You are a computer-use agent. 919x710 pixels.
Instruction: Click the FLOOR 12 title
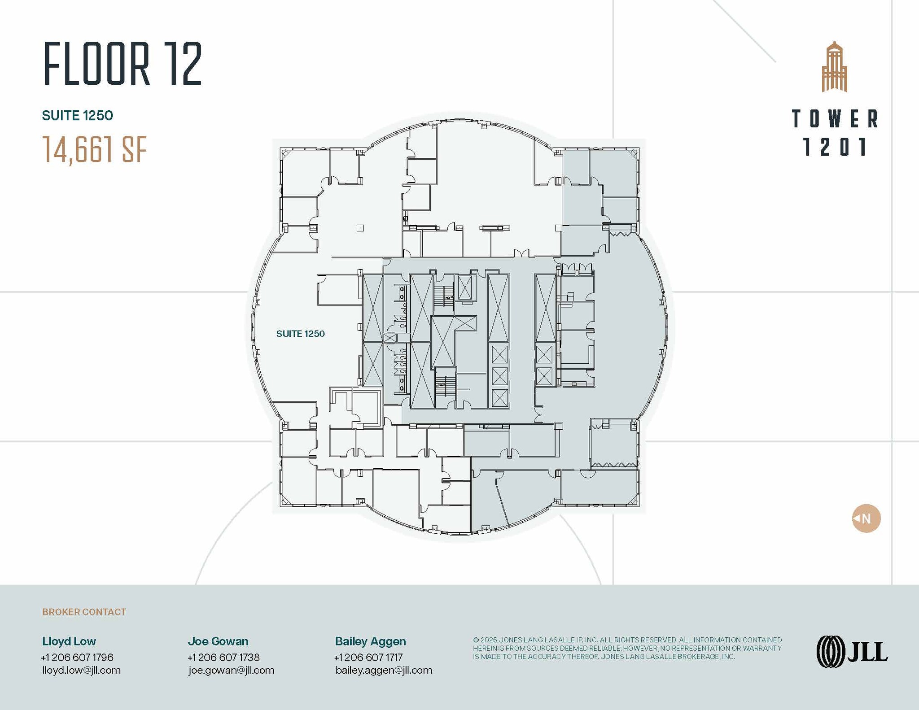click(x=123, y=64)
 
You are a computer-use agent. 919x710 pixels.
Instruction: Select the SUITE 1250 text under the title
click(x=77, y=116)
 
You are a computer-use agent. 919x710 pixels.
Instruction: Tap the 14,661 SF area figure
click(x=95, y=149)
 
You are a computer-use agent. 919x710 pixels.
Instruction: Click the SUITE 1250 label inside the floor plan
click(x=300, y=334)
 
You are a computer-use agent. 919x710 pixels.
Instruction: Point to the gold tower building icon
click(x=834, y=67)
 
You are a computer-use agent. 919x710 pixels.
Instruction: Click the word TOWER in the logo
click(x=835, y=119)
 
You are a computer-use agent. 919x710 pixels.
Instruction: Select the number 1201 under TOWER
click(x=835, y=147)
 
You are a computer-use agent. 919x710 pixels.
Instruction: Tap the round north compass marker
click(x=866, y=518)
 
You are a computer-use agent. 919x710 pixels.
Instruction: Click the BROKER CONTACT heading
click(x=84, y=612)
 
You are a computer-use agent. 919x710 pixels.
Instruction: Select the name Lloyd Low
click(x=69, y=641)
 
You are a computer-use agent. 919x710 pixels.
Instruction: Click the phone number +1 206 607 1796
click(x=77, y=658)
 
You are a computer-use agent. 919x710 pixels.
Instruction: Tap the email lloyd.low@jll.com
click(x=81, y=671)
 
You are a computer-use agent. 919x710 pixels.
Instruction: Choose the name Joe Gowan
click(x=218, y=641)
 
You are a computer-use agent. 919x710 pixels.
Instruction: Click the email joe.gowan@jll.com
click(x=231, y=671)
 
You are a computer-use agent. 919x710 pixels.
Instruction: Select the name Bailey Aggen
click(x=370, y=641)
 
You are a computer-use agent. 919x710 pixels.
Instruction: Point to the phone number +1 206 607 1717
click(x=368, y=658)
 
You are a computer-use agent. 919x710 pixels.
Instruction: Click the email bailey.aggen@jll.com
click(x=384, y=671)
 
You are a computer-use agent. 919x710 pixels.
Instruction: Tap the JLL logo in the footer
click(x=851, y=652)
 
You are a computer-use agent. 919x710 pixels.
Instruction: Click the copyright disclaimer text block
click(x=627, y=648)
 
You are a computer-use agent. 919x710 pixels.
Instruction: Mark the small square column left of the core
click(x=360, y=228)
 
